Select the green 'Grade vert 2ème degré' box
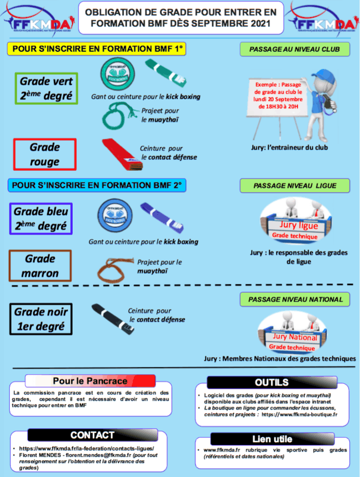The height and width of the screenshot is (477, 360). (x=47, y=88)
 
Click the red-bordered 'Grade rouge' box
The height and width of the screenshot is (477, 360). (x=45, y=154)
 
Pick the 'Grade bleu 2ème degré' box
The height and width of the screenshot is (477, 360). (x=41, y=219)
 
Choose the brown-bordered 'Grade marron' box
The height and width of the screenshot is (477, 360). (x=40, y=265)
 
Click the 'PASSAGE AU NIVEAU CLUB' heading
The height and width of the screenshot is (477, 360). (x=294, y=49)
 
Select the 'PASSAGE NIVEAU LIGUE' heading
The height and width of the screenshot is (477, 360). (x=294, y=185)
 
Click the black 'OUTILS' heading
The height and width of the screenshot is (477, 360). (x=271, y=383)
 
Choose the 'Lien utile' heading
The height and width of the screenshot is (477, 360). (x=272, y=439)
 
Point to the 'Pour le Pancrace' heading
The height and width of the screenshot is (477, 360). (x=90, y=381)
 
